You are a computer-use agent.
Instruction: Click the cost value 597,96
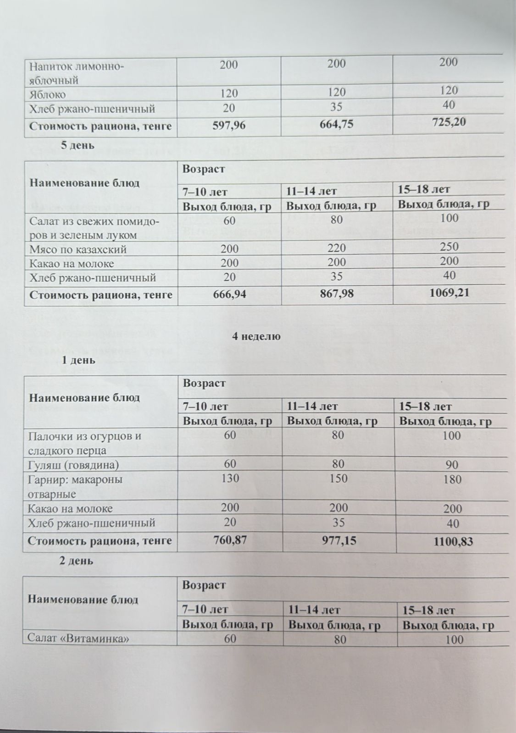coord(229,126)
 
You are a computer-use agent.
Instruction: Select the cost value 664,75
coord(337,124)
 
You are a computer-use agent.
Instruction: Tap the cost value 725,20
coord(449,122)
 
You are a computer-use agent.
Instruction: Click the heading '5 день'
coord(78,146)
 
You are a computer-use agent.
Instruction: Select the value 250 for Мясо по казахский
coord(449,247)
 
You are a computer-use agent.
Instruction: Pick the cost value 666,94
coord(229,294)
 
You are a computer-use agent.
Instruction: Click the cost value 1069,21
coord(449,292)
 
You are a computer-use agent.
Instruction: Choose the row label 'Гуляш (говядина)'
coord(73,465)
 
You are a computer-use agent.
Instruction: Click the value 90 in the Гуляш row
coord(452,465)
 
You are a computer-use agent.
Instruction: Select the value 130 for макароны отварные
coord(230,479)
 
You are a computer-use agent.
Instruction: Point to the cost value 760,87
coord(230,540)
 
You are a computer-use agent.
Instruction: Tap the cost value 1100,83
coord(453,542)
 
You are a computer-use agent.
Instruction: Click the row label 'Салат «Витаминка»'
coord(77,638)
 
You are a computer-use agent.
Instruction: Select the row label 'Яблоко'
coord(48,95)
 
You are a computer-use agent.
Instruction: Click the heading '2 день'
coord(78,561)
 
